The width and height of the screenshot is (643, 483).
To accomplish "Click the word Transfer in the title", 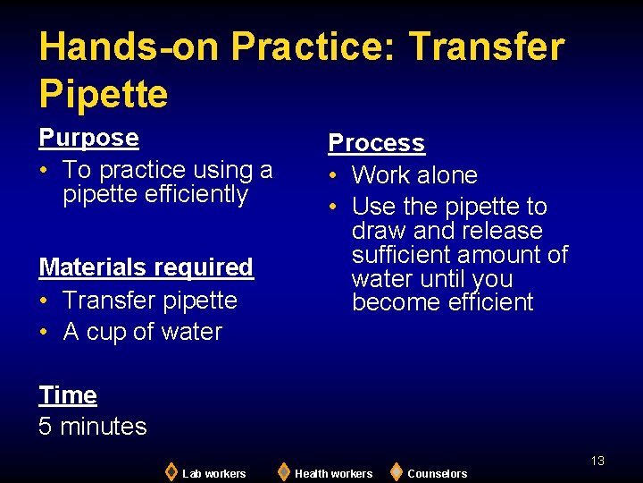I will tap(490, 47).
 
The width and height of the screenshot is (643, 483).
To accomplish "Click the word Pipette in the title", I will tap(104, 94).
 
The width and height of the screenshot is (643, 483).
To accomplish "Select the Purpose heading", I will tap(88, 138).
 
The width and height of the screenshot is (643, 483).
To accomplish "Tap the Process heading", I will tap(376, 143).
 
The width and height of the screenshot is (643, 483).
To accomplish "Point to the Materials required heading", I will tap(146, 267).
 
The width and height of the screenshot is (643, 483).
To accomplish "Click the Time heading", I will tap(68, 394).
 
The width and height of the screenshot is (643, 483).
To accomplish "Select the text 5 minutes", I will tap(92, 426).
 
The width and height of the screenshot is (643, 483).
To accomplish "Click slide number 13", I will tap(597, 461).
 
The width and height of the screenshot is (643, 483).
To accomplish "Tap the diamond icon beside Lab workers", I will tap(171, 471).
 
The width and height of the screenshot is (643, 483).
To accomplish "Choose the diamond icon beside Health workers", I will tap(283, 471).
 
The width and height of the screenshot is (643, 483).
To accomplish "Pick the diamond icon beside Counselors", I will tap(396, 471).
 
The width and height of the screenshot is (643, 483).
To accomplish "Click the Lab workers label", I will tap(213, 473).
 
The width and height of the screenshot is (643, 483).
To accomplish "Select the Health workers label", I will tap(333, 473).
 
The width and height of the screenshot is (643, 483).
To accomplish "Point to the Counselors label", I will tap(437, 473).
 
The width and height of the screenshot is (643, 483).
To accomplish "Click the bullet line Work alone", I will tap(414, 175).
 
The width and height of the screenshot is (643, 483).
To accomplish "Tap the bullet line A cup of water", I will tap(143, 332).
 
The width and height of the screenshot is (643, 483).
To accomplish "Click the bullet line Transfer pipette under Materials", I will tap(150, 300).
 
